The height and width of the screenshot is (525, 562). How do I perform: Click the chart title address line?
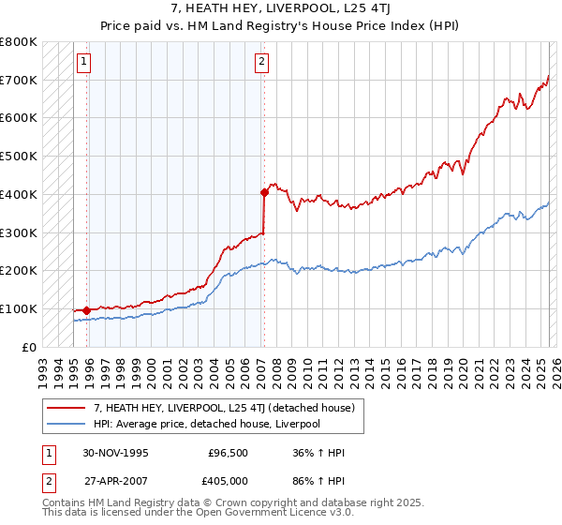[281, 8]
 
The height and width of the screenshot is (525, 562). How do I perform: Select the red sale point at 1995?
[87, 309]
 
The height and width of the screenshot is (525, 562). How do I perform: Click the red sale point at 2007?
[264, 192]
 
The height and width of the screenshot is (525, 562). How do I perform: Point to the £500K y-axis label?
[19, 156]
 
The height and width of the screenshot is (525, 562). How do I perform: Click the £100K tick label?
[19, 308]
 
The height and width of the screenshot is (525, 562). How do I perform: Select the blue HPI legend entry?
[206, 424]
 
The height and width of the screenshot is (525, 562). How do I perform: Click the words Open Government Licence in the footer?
[281, 515]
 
